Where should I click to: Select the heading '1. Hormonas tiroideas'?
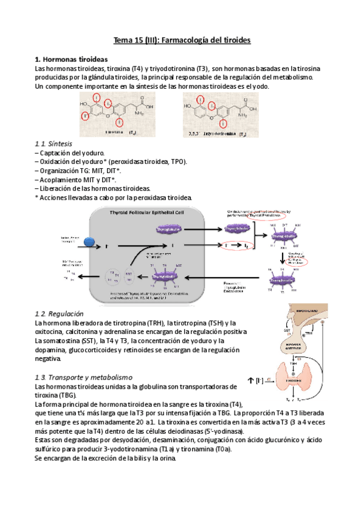[x=71, y=60]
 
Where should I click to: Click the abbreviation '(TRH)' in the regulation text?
[x=167, y=323]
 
